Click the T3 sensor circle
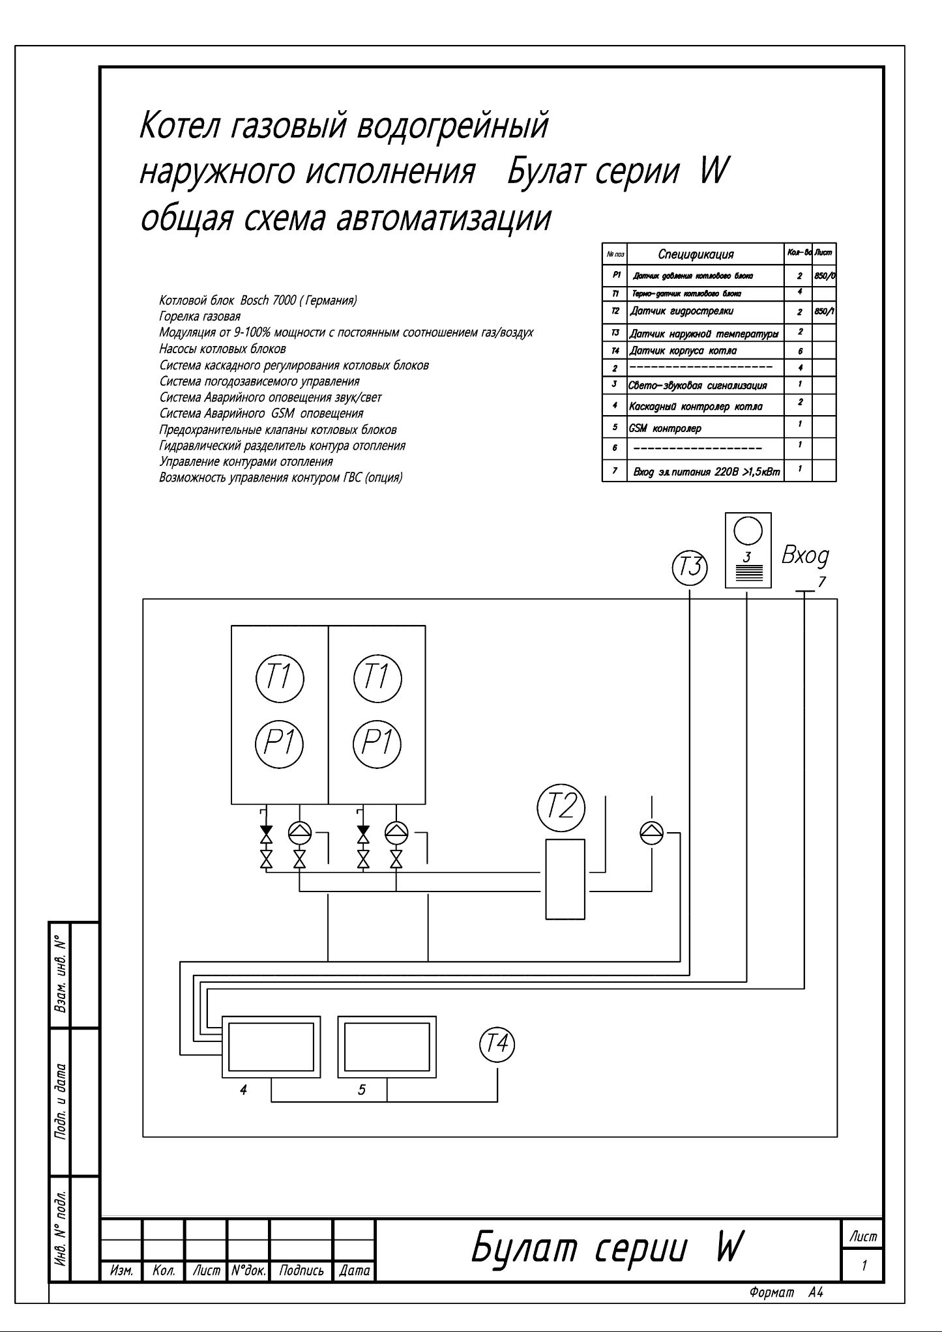point(690,566)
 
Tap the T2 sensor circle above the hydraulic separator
point(560,807)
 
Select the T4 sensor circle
point(497,1045)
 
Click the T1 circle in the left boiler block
point(280,678)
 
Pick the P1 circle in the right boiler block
point(377,742)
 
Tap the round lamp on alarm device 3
point(748,530)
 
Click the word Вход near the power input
point(805,557)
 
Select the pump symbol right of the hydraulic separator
point(651,830)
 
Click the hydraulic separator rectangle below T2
point(565,879)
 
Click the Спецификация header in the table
point(696,254)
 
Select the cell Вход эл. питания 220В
point(707,471)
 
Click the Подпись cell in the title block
point(301,1270)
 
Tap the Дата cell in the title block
point(355,1270)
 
